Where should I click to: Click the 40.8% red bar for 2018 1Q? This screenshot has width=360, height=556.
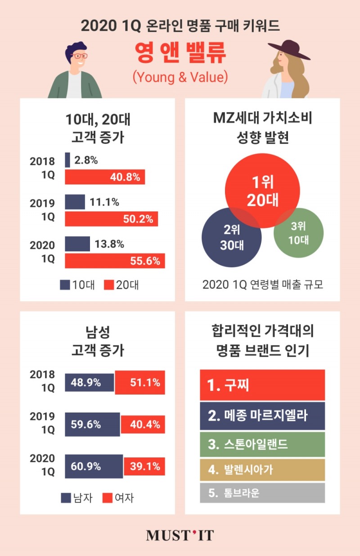105,177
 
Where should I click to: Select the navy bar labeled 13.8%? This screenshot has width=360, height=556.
77,244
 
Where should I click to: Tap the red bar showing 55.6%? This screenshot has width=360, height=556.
115,261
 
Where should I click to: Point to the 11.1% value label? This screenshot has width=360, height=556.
104,202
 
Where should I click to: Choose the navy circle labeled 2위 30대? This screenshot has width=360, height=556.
231,238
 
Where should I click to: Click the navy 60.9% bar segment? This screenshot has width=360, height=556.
94,466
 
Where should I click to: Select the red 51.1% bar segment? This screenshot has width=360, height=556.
140,382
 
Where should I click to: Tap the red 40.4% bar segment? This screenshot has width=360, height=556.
143,424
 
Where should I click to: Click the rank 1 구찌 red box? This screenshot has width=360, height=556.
262,385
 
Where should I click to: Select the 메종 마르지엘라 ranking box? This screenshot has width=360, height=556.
262,416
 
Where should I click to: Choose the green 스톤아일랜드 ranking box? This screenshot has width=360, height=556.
262,444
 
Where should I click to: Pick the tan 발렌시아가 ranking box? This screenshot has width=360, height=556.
262,471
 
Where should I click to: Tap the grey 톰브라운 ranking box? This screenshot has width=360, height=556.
262,493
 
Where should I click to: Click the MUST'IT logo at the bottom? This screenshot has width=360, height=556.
180,535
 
